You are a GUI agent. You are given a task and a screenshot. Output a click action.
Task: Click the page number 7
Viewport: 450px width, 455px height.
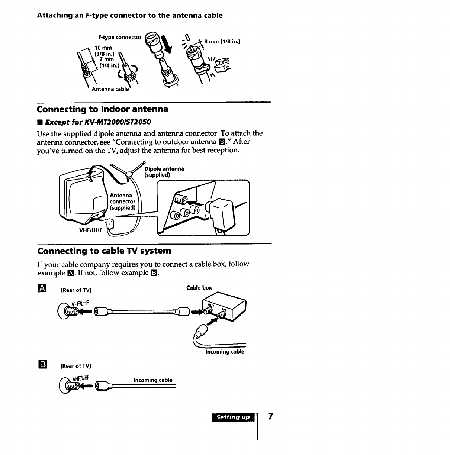tap(270, 417)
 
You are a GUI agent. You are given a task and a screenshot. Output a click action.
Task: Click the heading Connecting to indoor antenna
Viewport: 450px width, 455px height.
tap(103, 109)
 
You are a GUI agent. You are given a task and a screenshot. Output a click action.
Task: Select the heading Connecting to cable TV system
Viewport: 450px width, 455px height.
tap(104, 251)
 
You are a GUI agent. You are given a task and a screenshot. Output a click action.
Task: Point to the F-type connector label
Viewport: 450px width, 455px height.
tap(119, 37)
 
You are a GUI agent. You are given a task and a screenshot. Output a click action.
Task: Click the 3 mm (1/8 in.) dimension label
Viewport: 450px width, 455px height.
tap(222, 42)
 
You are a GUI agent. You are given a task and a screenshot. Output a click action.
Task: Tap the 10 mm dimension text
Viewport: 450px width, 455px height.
tap(103, 48)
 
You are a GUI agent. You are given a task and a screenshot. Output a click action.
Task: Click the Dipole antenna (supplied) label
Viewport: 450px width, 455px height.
tap(164, 172)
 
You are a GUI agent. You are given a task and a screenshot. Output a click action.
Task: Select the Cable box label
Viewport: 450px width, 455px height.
tap(199, 288)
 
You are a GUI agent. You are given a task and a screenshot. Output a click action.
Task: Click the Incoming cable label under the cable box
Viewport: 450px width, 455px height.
tap(225, 352)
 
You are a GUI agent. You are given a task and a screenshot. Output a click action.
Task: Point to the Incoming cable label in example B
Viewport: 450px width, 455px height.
tap(153, 380)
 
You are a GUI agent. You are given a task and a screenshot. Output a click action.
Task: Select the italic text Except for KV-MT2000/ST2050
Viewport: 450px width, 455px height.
tap(98, 122)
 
